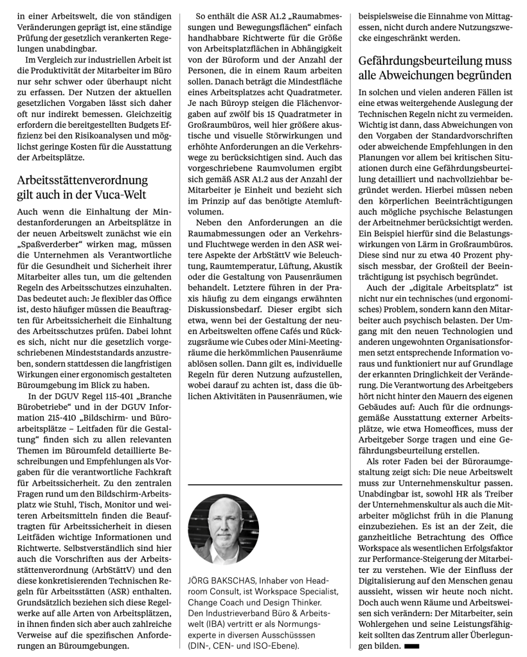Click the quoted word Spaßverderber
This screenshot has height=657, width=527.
(x=51, y=246)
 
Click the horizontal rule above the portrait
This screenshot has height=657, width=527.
(x=265, y=484)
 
